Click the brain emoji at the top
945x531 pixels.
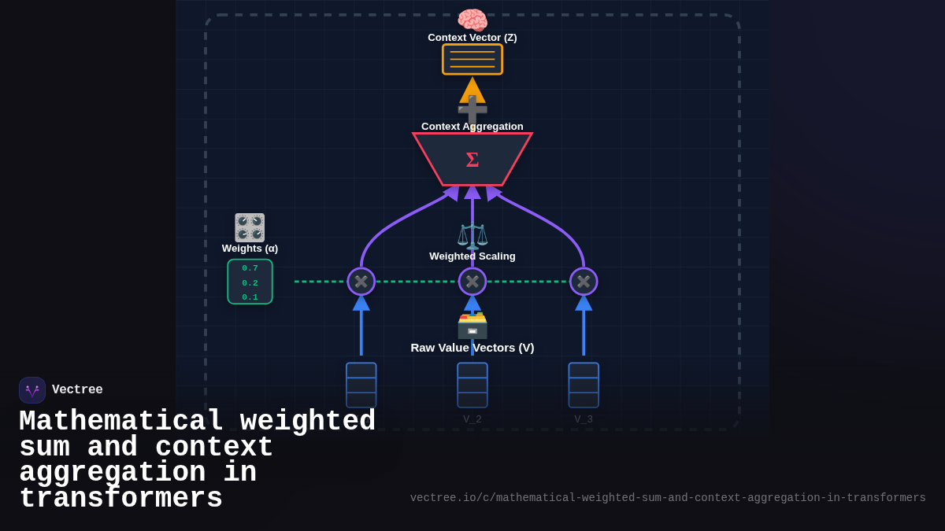(x=472, y=20)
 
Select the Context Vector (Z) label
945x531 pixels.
(x=472, y=37)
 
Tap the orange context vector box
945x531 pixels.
(x=472, y=59)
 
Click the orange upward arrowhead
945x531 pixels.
(x=472, y=89)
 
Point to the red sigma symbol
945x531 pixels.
(x=472, y=160)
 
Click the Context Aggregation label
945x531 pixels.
(x=472, y=126)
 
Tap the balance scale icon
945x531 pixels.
(x=472, y=235)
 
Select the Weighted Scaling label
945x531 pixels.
(x=472, y=256)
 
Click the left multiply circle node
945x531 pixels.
(x=361, y=282)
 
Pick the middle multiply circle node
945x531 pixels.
(x=472, y=282)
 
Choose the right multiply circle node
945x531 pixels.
(x=584, y=282)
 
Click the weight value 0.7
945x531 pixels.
(x=250, y=268)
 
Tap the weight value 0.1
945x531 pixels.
(x=250, y=297)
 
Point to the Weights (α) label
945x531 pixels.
(x=250, y=248)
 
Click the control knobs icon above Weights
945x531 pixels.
(x=250, y=227)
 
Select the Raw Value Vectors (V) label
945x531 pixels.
(x=472, y=348)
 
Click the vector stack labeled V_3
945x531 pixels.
(x=584, y=385)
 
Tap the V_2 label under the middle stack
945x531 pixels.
(x=472, y=419)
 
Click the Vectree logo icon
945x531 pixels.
(x=32, y=390)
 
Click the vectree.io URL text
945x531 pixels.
(x=668, y=498)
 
